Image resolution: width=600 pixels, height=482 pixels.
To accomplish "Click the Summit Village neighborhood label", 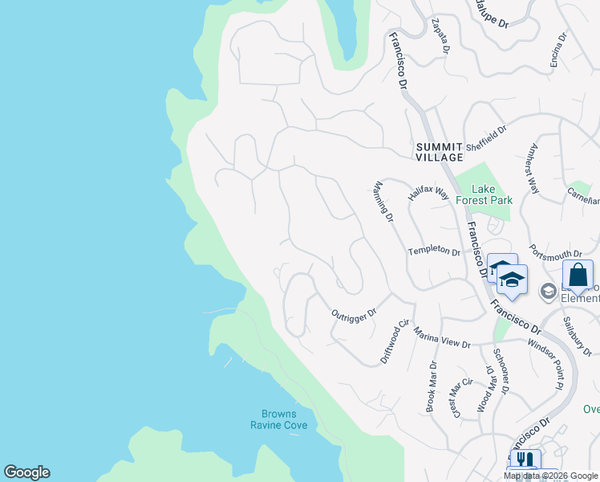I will (440, 152).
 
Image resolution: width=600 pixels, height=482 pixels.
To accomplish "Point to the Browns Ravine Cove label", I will (278, 419).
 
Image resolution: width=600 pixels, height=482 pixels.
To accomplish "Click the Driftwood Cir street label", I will (395, 341).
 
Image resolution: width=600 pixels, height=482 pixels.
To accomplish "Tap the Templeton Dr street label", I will (434, 251).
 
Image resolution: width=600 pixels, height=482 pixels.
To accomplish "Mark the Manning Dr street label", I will (384, 202).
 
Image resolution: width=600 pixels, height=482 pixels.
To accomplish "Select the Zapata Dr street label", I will (440, 37).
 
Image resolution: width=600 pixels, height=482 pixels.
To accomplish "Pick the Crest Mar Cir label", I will (462, 398).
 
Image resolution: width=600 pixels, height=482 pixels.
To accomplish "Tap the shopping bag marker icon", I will (578, 274).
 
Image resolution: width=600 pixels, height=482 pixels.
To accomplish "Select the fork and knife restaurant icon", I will (523, 460).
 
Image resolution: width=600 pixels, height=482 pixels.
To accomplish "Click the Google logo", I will (26, 472).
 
